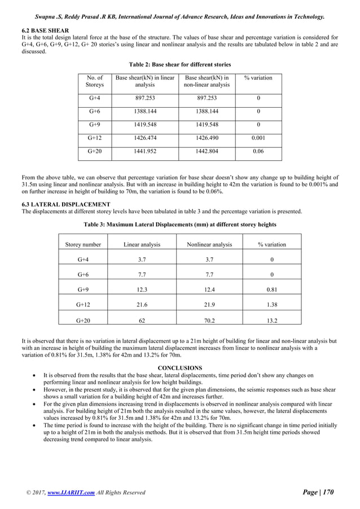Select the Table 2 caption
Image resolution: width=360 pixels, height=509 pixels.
180,64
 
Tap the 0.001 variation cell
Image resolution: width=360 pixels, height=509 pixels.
258,137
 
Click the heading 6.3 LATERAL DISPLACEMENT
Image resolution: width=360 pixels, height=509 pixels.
66,204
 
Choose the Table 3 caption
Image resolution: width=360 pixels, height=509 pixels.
180,225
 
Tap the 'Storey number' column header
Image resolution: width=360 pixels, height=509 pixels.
83,244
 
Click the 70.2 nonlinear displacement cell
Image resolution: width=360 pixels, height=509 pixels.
209,320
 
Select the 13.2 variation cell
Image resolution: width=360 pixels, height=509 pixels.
271,320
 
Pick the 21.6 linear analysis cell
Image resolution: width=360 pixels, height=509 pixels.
142,305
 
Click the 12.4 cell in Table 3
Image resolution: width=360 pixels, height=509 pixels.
209,289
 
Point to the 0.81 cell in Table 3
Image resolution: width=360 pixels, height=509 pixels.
271,289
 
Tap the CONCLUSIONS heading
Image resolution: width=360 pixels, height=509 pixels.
180,368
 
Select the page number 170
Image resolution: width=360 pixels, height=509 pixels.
327,493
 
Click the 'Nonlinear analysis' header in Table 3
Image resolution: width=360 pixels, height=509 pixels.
209,244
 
